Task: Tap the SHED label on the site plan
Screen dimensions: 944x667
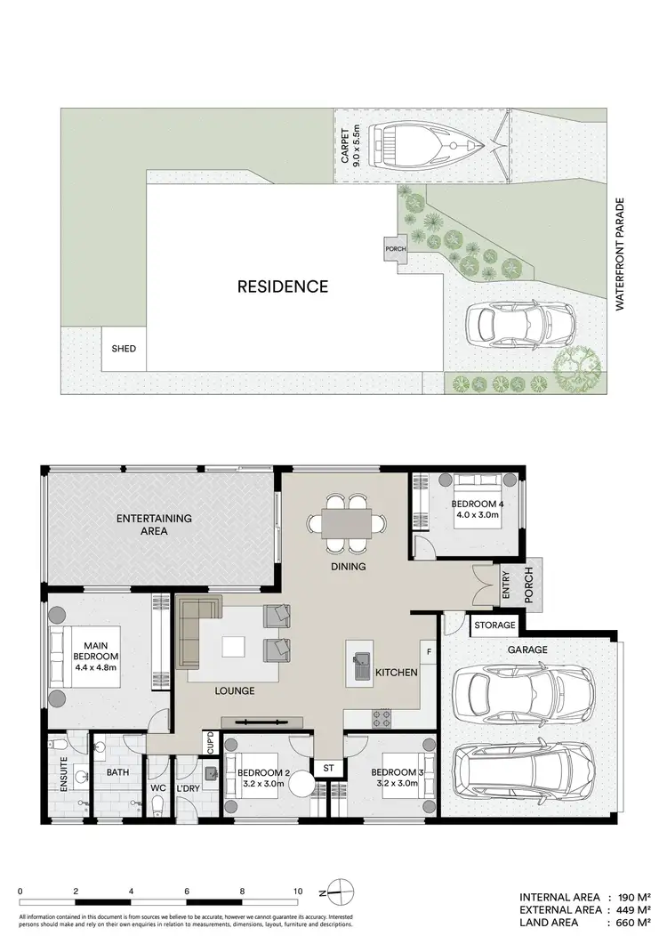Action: coord(124,348)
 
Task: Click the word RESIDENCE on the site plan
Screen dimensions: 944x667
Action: coord(282,286)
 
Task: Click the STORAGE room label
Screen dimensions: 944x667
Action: coord(494,625)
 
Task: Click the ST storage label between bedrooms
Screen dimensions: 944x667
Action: coord(328,766)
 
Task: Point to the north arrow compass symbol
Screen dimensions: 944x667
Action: coord(341,890)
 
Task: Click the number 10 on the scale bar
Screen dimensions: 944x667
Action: coord(298,891)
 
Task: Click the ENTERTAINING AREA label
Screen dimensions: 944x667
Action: coord(154,524)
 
